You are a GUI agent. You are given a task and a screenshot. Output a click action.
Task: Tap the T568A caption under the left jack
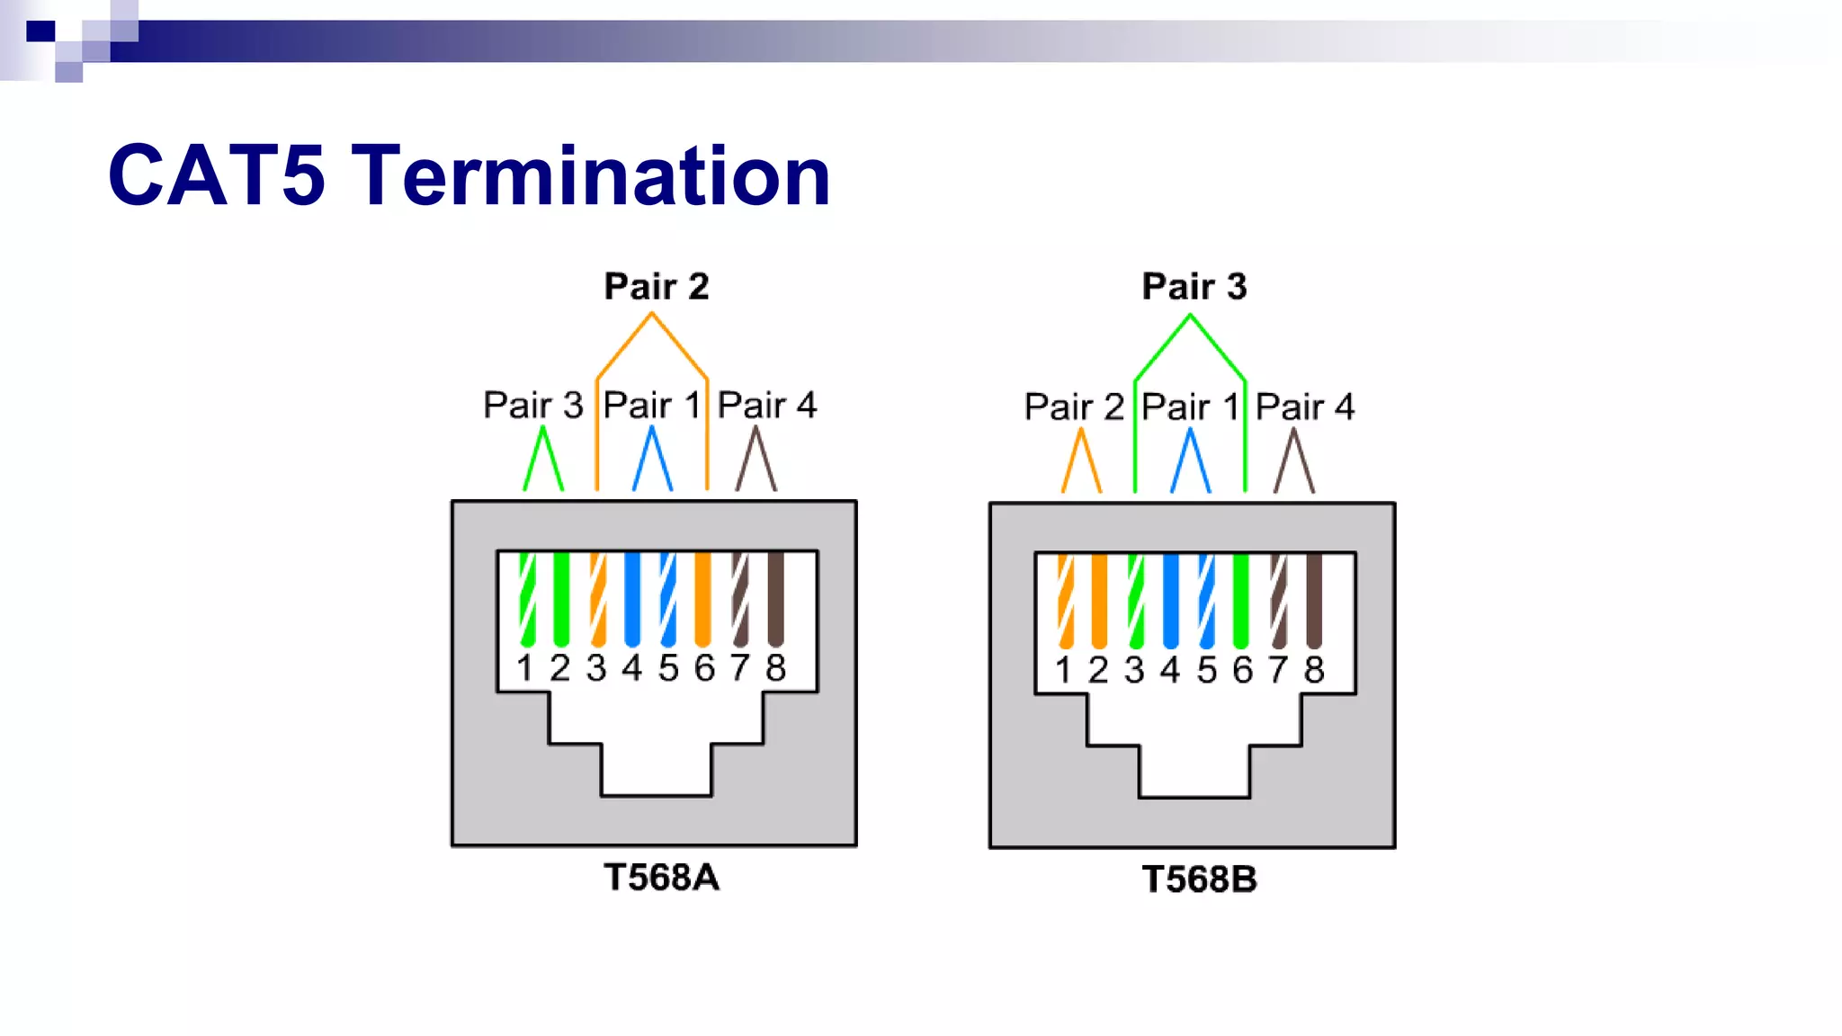point(661,878)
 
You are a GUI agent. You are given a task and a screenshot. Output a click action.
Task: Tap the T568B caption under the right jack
point(1199,880)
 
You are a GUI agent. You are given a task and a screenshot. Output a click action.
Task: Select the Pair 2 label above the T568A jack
point(657,287)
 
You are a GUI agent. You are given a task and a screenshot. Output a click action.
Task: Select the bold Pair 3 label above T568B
point(1194,287)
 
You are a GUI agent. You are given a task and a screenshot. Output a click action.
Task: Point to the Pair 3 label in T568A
point(532,405)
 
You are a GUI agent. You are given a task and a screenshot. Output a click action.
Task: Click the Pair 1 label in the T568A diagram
point(652,405)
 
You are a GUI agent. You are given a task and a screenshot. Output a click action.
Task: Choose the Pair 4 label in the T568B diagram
point(1305,406)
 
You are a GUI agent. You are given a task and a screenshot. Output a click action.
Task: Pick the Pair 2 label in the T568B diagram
point(1074,406)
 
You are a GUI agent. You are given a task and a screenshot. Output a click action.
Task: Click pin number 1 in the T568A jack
point(525,668)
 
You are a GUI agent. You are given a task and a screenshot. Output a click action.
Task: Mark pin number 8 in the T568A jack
point(776,668)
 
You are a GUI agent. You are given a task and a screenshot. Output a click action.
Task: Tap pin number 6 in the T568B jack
point(1242,670)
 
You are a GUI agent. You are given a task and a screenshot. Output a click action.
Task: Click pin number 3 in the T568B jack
point(1134,670)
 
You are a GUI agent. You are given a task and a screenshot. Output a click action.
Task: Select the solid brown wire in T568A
point(776,598)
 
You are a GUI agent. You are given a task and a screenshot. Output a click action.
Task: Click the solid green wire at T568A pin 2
point(561,598)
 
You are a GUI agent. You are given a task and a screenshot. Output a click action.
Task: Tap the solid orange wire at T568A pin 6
point(702,598)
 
